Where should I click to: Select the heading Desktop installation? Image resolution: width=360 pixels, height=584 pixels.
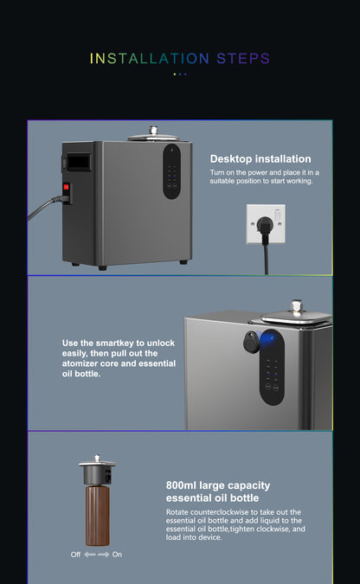tap(260, 159)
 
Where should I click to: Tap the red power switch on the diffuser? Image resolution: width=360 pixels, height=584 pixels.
tap(65, 186)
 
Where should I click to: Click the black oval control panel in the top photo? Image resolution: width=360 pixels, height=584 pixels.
tap(172, 171)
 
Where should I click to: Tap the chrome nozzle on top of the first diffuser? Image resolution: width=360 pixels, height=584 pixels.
tap(153, 131)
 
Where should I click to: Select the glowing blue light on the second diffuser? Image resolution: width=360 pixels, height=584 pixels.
tap(268, 338)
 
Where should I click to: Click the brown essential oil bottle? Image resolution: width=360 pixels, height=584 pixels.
tap(97, 515)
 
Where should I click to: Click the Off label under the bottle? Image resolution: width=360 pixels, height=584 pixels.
tap(75, 554)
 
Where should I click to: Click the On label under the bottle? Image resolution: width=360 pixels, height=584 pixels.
tap(118, 554)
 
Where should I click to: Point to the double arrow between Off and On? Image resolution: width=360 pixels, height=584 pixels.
tap(97, 554)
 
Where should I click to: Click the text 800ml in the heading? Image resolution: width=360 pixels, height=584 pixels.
tap(182, 485)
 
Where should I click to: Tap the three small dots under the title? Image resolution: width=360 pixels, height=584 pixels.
tap(180, 74)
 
